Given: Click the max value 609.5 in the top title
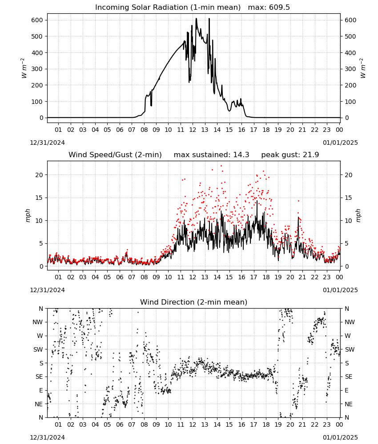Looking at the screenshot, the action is pyautogui.click(x=279, y=8).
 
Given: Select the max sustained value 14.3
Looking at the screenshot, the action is pyautogui.click(x=241, y=155).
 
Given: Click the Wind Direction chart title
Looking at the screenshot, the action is pyautogui.click(x=194, y=302).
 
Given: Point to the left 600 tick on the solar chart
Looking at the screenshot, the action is pyautogui.click(x=37, y=20).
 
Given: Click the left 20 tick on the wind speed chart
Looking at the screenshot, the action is pyautogui.click(x=39, y=175).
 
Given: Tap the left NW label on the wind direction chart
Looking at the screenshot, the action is pyautogui.click(x=38, y=322).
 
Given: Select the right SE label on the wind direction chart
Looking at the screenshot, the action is pyautogui.click(x=349, y=377).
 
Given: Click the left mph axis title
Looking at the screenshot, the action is pyautogui.click(x=28, y=215).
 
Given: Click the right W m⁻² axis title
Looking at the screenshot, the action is pyautogui.click(x=363, y=68).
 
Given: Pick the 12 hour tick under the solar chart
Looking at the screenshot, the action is pyautogui.click(x=193, y=130).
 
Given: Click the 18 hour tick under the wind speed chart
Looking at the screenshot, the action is pyautogui.click(x=266, y=277).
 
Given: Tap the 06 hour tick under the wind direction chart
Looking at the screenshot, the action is pyautogui.click(x=120, y=425).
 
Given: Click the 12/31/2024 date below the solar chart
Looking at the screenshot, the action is pyautogui.click(x=47, y=143).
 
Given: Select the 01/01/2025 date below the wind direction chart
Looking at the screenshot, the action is pyautogui.click(x=340, y=437).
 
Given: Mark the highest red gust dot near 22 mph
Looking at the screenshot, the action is pyautogui.click(x=221, y=166).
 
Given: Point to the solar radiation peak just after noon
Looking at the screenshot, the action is pyautogui.click(x=196, y=19).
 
